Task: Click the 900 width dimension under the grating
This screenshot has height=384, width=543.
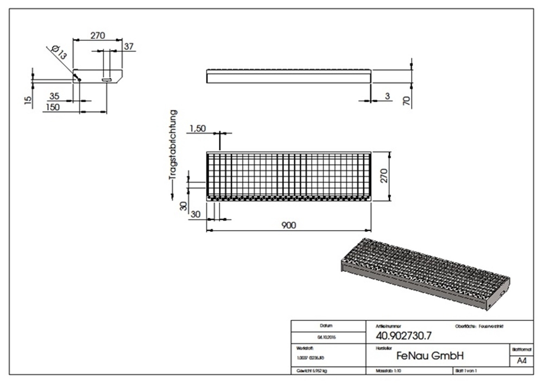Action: pos(289,225)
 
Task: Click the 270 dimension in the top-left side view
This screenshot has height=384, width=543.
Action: pos(97,36)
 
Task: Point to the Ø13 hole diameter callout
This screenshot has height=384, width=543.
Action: pos(59,53)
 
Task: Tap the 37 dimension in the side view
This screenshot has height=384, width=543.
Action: pos(129,47)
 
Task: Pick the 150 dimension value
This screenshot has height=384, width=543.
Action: pos(53,108)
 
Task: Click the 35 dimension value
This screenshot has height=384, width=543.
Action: pos(54,96)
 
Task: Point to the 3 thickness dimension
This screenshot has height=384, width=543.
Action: pos(387,96)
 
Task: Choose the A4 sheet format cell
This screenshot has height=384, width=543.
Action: pos(521,361)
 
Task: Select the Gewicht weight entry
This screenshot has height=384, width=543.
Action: pos(312,370)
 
